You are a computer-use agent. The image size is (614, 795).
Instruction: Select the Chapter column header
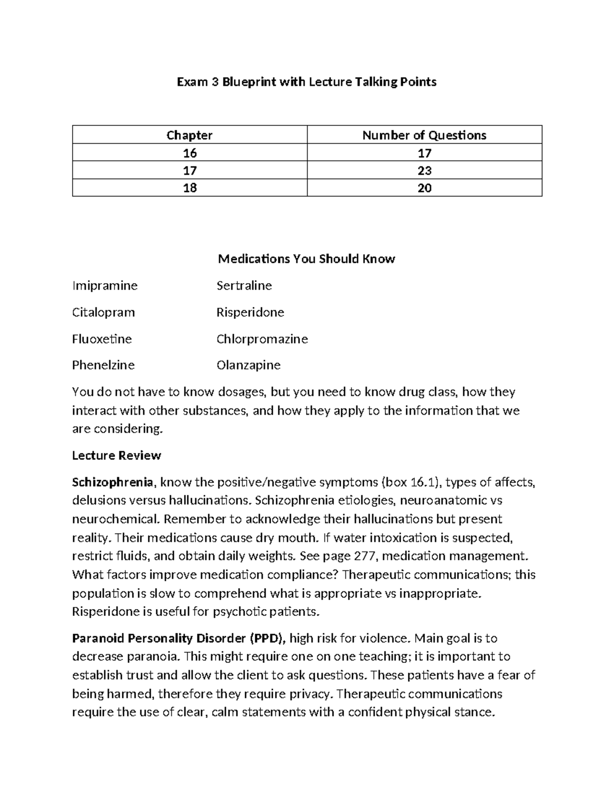point(189,135)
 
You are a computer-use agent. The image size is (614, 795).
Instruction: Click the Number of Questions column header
point(424,135)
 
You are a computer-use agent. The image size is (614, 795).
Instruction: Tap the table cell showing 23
point(424,170)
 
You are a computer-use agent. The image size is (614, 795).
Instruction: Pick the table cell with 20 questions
point(424,188)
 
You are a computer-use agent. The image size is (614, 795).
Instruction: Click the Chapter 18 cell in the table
point(189,188)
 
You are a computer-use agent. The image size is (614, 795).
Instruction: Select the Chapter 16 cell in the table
point(189,153)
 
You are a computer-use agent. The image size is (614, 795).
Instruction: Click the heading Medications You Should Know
point(306,259)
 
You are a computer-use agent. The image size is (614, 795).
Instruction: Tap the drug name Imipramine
point(105,286)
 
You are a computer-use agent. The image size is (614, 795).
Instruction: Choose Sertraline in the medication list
point(244,286)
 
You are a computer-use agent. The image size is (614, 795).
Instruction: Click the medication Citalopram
point(103,312)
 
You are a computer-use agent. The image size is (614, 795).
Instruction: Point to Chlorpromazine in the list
point(262,339)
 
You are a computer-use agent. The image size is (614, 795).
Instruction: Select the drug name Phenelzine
point(103,365)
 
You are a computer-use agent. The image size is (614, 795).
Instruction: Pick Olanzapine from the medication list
point(249,365)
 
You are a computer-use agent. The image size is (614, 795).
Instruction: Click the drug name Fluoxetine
point(102,339)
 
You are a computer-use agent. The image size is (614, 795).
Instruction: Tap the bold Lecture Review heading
point(117,456)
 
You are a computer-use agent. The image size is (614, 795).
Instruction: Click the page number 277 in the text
point(365,556)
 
